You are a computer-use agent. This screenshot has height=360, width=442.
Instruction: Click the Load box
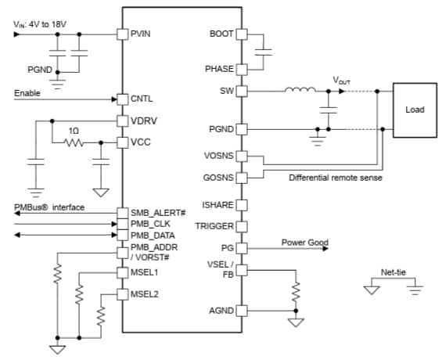[x=414, y=110]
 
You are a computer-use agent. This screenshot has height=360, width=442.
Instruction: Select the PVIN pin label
[x=140, y=34]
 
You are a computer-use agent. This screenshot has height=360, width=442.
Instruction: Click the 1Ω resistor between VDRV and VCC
[x=74, y=142]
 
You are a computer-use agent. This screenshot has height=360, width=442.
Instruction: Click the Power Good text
[x=304, y=243]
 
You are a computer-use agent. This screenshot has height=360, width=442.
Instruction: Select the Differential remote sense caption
[x=334, y=178]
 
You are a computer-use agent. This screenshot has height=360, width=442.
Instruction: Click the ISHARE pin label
[x=218, y=205]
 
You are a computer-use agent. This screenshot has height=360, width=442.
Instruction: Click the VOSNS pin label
[x=219, y=156]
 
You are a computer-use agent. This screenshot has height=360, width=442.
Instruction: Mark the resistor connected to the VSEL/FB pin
[x=296, y=292]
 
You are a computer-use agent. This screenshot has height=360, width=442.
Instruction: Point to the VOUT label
[x=342, y=80]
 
